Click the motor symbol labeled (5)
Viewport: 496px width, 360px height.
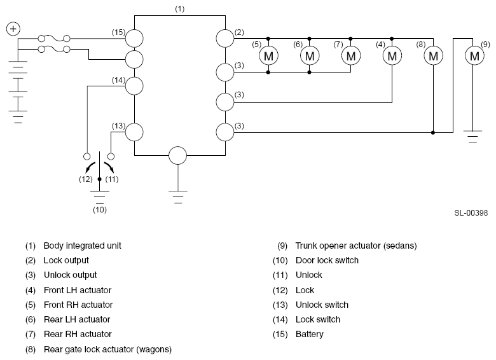tap(268, 56)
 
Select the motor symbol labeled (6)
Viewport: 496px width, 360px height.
tap(310, 56)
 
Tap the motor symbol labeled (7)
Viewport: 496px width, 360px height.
tap(351, 56)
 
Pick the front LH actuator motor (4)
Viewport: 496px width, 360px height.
tap(392, 56)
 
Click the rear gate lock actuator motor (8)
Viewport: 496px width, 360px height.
tap(434, 56)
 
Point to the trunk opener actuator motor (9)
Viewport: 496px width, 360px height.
tap(474, 56)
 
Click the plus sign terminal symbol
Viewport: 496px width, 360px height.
tap(13, 29)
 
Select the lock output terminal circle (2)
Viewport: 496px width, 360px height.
tap(225, 39)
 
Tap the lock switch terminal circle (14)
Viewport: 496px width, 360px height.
tap(134, 86)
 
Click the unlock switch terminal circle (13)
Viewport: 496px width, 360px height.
tap(134, 132)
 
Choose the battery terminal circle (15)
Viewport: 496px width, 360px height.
tap(134, 39)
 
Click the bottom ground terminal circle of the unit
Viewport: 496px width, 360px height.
tap(178, 156)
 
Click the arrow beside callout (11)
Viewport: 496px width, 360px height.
tap(109, 167)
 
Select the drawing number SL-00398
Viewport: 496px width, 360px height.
tap(471, 213)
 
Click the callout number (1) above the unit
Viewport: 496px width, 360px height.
tap(180, 9)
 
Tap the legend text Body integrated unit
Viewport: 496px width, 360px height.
tap(82, 246)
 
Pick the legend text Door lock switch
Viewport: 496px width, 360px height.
tap(327, 260)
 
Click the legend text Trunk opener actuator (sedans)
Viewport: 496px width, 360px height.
tap(356, 246)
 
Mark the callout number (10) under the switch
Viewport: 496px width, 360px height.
tap(100, 210)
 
